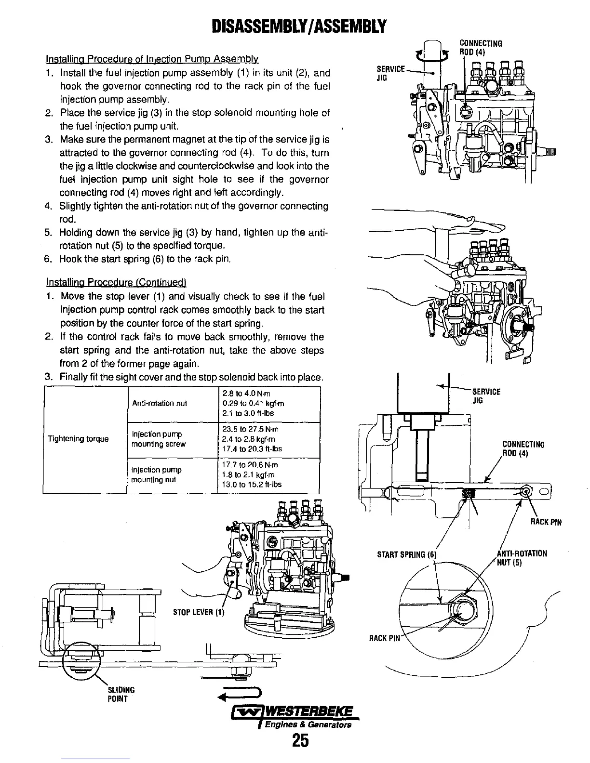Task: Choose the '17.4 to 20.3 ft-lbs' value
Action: tap(252, 449)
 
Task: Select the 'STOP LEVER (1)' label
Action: tap(199, 613)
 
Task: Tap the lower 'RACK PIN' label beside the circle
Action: tap(385, 638)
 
